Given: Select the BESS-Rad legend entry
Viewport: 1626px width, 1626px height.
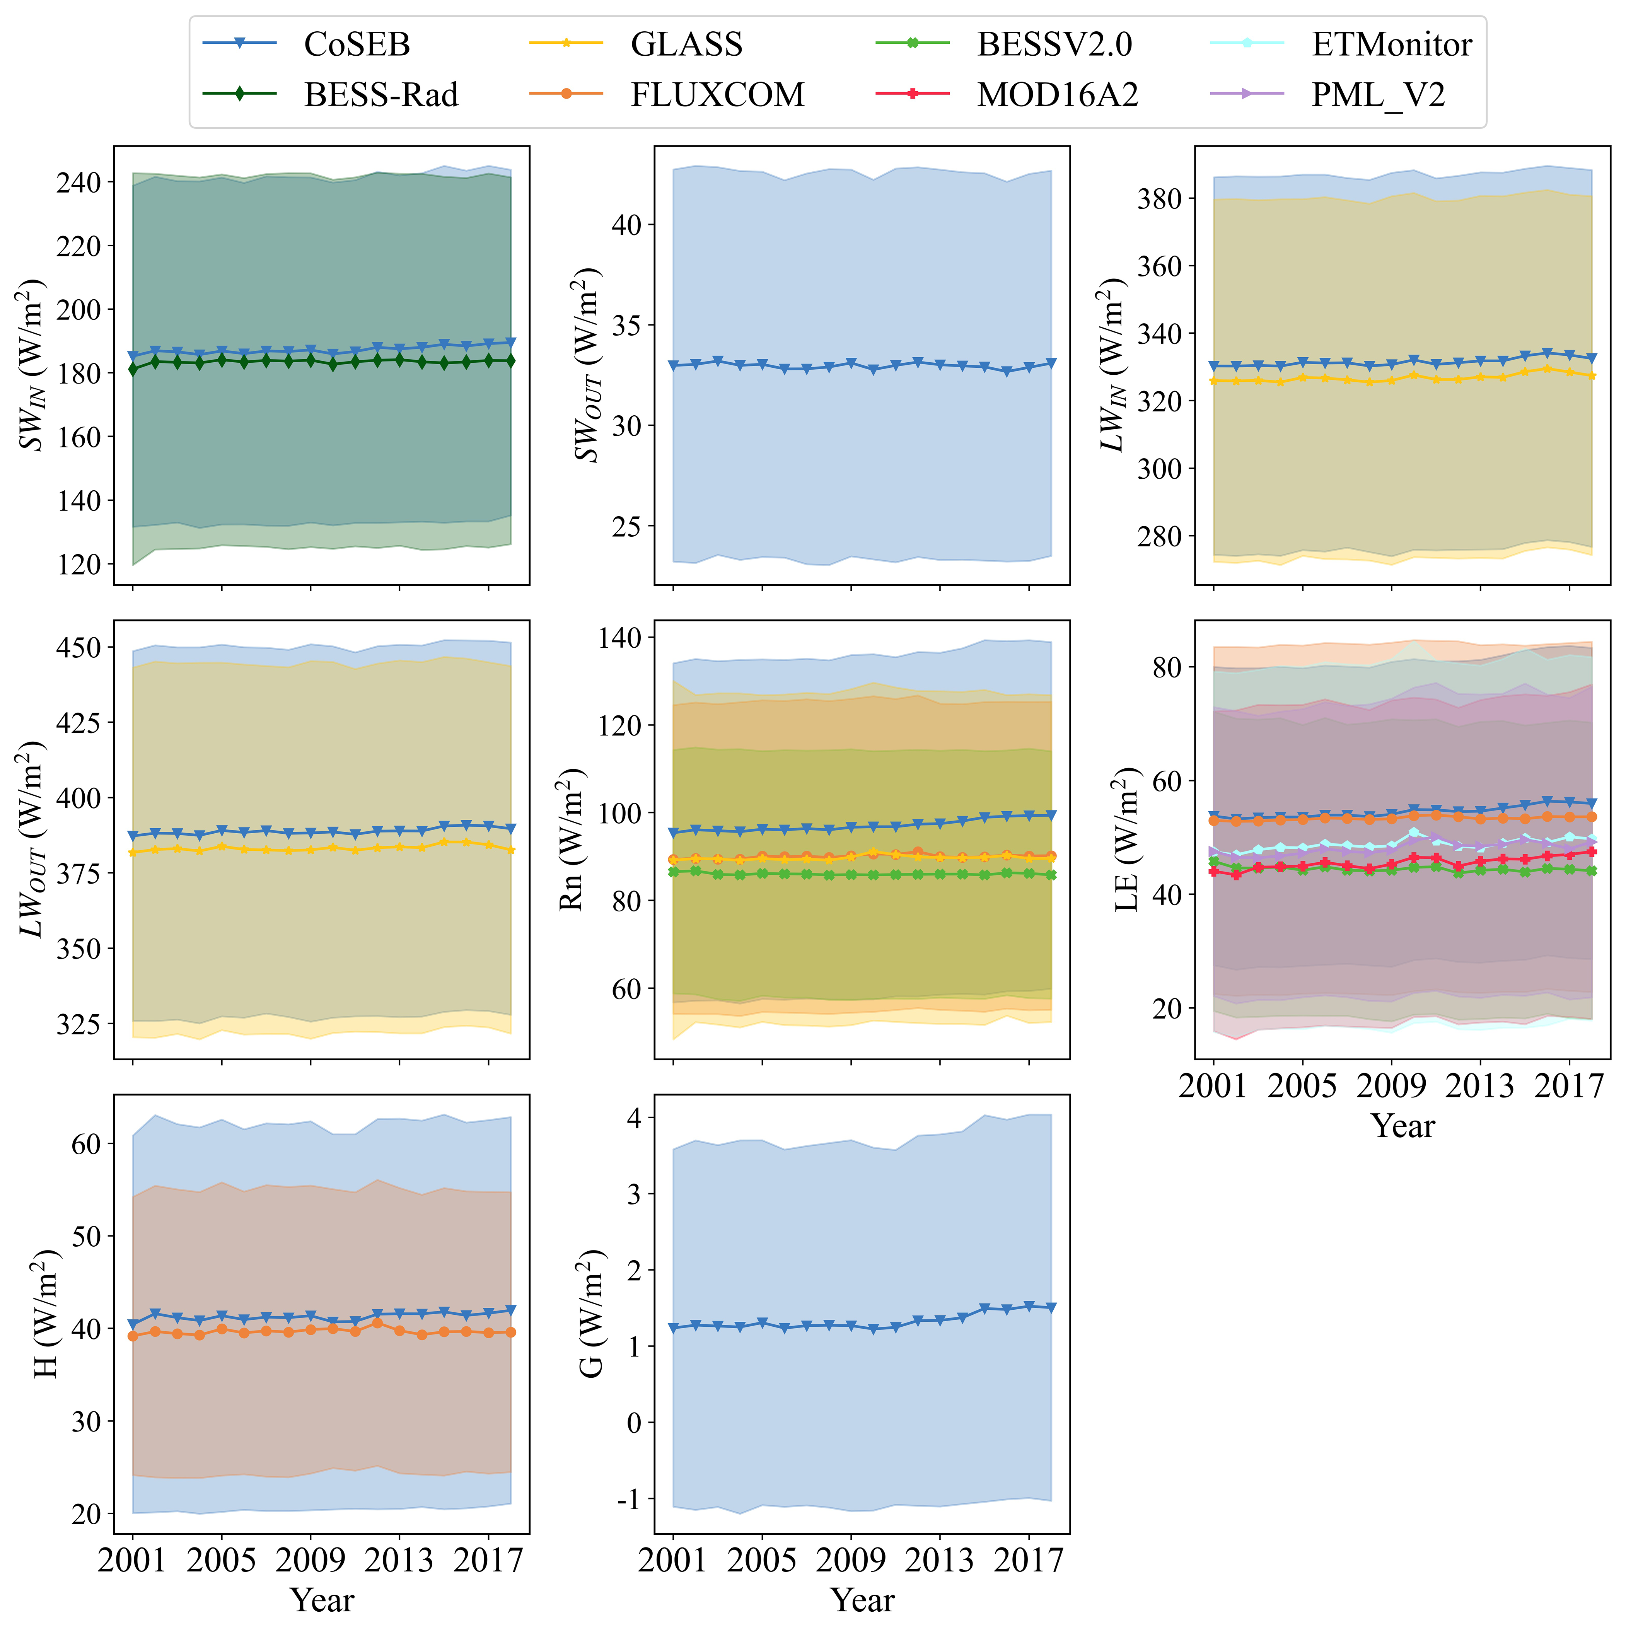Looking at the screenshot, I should click(x=380, y=94).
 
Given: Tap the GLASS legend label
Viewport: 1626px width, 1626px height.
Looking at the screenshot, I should click(x=686, y=44).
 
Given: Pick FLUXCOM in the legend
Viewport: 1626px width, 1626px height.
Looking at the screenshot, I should click(x=717, y=94).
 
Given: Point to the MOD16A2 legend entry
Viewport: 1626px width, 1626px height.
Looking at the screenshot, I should click(x=1057, y=94).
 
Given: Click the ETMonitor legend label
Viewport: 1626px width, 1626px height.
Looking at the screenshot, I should click(x=1391, y=44).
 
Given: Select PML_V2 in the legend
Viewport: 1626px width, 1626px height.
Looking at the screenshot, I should click(x=1378, y=94).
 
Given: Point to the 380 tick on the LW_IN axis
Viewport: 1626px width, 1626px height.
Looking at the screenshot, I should click(x=1160, y=199).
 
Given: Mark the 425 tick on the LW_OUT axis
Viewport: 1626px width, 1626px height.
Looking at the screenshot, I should click(x=78, y=722).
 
